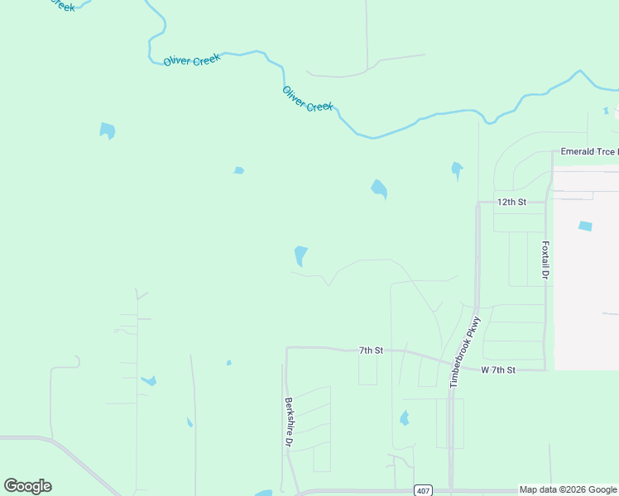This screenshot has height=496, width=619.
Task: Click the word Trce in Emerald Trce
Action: click(602, 152)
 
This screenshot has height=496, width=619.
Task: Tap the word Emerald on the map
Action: click(577, 152)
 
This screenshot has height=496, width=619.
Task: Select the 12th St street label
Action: click(511, 202)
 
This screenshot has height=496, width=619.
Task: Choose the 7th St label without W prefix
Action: click(371, 351)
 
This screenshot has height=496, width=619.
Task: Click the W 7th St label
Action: click(498, 370)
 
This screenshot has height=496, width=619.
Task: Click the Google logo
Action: click(28, 486)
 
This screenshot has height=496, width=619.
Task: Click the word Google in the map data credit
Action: click(603, 490)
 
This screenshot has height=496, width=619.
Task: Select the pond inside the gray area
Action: click(585, 226)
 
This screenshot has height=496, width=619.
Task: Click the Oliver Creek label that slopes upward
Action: click(191, 60)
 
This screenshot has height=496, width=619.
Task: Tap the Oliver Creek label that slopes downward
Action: click(308, 99)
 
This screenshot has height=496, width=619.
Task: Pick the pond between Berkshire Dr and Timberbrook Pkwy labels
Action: click(404, 418)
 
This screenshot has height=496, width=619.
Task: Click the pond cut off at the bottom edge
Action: click(263, 493)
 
